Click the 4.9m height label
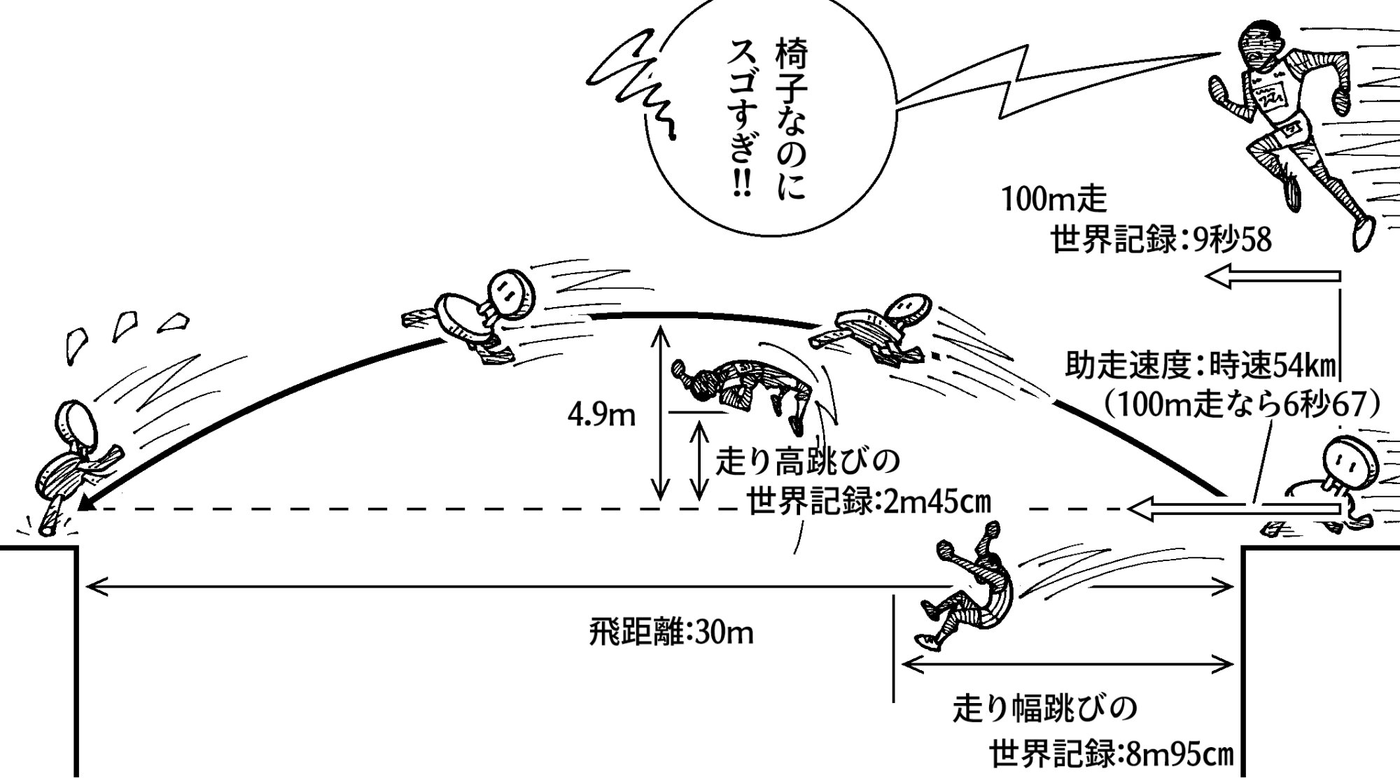coord(601,416)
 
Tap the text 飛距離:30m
coord(671,634)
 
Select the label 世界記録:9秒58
coord(1161,241)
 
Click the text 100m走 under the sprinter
coord(1054,200)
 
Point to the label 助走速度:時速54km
coord(1200,365)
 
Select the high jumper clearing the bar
coord(742,392)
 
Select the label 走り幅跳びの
coord(1044,709)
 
